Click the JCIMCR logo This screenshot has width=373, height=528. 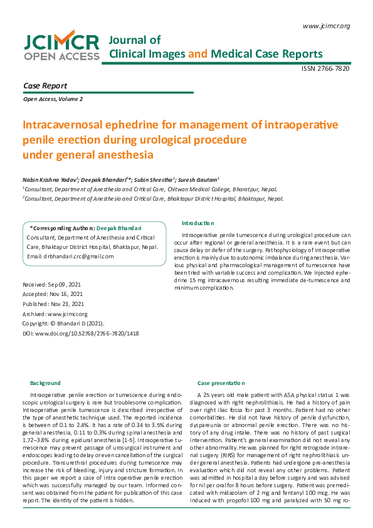click(61, 42)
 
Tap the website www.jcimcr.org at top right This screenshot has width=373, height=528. click(326, 26)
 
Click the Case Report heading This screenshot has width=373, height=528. click(45, 85)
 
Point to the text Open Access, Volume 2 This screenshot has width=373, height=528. click(53, 99)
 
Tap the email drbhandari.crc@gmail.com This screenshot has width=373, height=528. click(70, 256)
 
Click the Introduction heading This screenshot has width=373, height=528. click(197, 223)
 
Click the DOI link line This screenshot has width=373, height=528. click(80, 333)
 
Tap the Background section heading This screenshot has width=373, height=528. click(45, 383)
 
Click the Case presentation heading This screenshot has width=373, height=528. click(219, 383)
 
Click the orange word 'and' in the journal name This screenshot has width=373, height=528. click(198, 54)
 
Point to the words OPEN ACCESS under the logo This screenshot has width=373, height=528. click(61, 56)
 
